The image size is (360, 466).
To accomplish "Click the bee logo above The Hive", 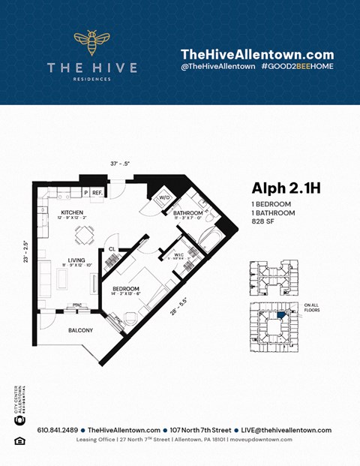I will coord(91,43).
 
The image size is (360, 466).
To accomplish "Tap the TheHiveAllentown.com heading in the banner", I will coord(256,54).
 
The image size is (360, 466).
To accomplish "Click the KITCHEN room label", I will coord(73,212).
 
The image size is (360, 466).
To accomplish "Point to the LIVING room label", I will coord(75,260).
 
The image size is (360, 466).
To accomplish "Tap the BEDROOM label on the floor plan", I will coord(125,288).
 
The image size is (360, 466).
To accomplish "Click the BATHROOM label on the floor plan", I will coord(187,213).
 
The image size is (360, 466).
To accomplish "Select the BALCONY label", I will coord(80,330).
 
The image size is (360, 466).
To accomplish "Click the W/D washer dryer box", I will coord(163,198).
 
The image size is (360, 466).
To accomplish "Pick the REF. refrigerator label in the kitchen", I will coord(97,193).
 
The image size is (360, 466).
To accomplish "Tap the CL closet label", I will coord(112,248).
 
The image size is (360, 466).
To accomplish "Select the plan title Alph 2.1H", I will coord(286,188).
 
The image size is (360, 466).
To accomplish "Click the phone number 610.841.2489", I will coord(52,430).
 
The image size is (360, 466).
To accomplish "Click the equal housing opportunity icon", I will coord(20,440).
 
